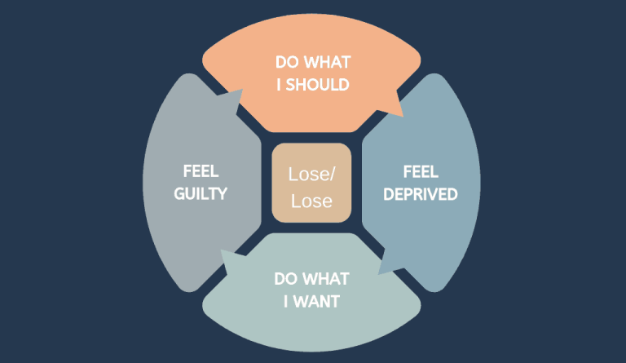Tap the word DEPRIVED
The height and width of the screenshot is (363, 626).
pos(420,194)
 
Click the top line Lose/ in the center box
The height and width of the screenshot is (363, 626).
pos(311,175)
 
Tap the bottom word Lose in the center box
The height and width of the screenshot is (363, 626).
pos(311,200)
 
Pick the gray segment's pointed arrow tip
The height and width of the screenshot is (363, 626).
pos(244,90)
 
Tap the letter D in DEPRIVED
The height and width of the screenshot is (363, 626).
pos(387,194)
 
